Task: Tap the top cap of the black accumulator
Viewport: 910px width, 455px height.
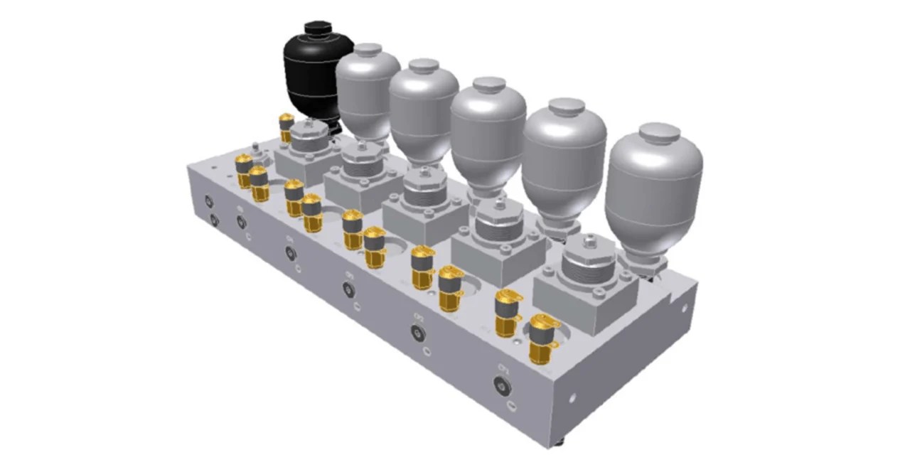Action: (318, 28)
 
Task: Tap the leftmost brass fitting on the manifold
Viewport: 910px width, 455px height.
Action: (244, 170)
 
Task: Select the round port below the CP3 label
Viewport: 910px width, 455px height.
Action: (348, 289)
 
